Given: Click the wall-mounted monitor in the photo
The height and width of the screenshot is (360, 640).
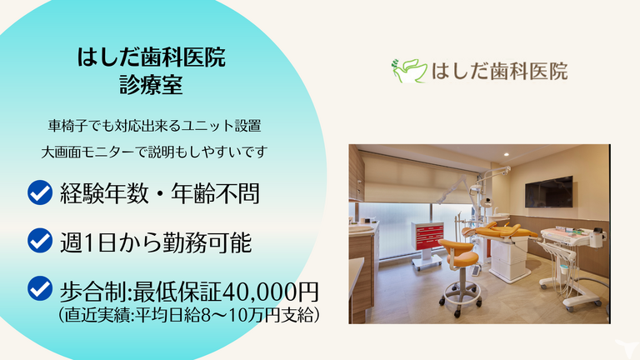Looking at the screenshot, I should (548, 192).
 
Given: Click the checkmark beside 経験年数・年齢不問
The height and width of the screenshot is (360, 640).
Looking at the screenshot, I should (39, 193).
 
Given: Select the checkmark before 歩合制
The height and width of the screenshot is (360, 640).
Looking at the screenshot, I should (39, 289).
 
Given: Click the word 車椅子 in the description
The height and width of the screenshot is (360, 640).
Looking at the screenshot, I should (66, 127).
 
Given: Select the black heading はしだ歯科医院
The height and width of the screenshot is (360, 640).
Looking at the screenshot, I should (151, 58).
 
